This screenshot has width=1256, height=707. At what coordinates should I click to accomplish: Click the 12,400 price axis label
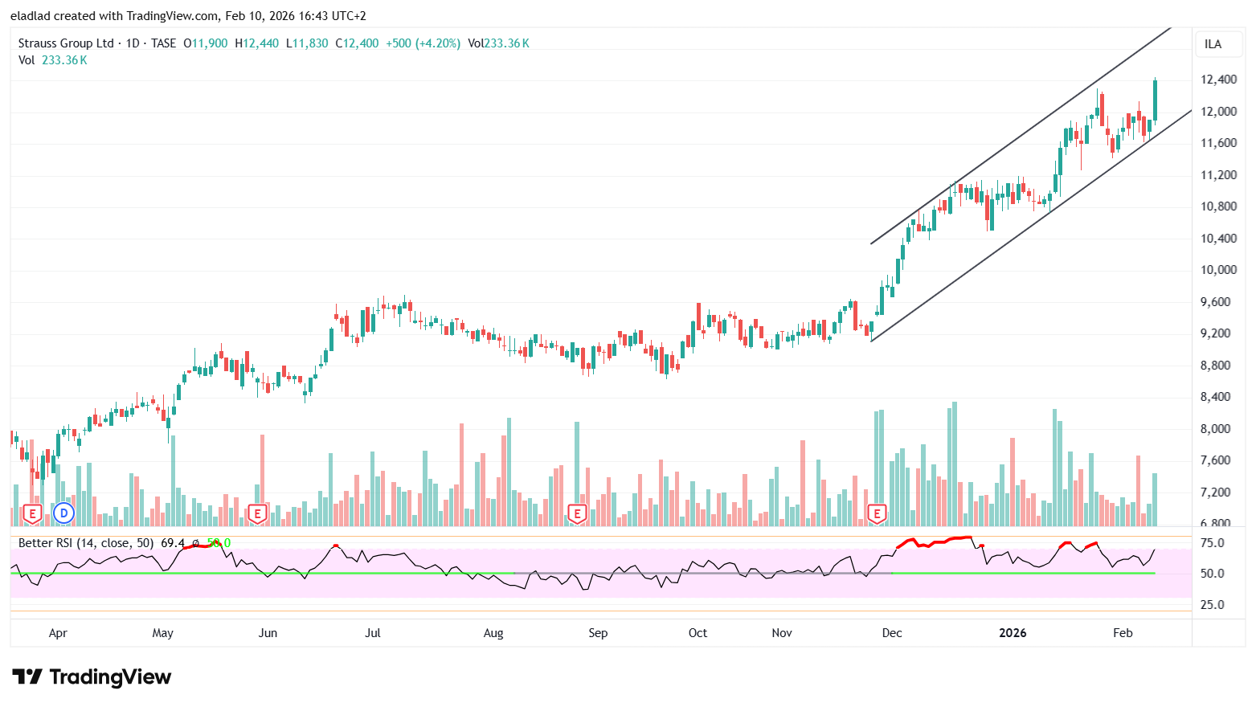pos(1218,80)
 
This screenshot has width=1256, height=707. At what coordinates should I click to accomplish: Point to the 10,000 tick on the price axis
pos(1218,270)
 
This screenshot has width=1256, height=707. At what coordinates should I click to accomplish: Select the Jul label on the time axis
pos(373,633)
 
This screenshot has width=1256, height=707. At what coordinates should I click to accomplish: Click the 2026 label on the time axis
pos(1013,633)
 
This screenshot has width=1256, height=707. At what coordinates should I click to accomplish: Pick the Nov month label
pos(782,633)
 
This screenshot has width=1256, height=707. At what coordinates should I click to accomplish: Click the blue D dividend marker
pos(63,513)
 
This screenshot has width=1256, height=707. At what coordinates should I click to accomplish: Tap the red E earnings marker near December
pos(877,513)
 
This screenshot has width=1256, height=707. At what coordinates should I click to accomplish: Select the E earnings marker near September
pos(577,513)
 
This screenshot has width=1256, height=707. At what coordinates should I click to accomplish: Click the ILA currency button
pos(1213,44)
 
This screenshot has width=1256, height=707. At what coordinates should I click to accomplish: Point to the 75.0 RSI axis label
pos(1212,543)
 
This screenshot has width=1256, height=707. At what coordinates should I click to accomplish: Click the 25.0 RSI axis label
pos(1212,605)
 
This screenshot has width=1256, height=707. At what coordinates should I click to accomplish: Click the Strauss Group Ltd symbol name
pos(66,43)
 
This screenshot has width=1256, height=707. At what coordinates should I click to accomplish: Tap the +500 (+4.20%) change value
pos(423,43)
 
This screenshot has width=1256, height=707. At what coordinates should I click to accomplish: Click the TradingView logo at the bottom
pos(92,677)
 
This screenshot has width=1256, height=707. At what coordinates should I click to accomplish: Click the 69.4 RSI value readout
pos(172,543)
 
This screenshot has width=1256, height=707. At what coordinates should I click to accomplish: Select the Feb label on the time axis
pos(1123,633)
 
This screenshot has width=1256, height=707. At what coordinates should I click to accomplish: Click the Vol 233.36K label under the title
pos(53,60)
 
